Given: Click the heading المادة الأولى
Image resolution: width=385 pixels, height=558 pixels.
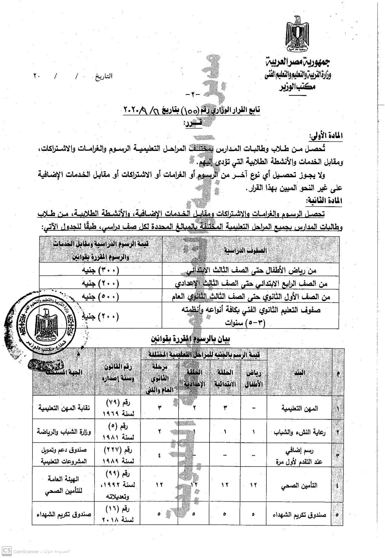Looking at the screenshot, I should [x=326, y=136].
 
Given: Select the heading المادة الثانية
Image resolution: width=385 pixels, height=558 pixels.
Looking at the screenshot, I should [x=324, y=201].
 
